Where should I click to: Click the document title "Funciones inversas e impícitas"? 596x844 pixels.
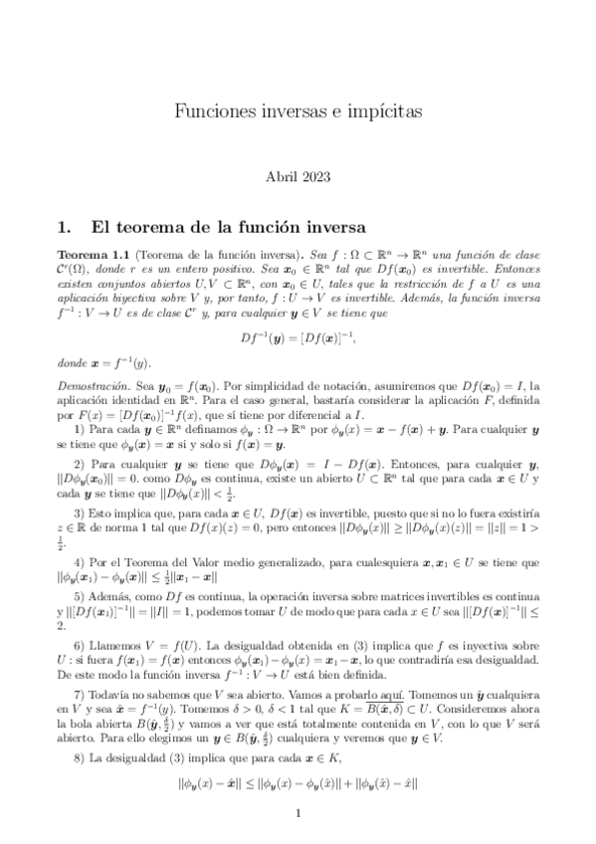pyautogui.click(x=298, y=108)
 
